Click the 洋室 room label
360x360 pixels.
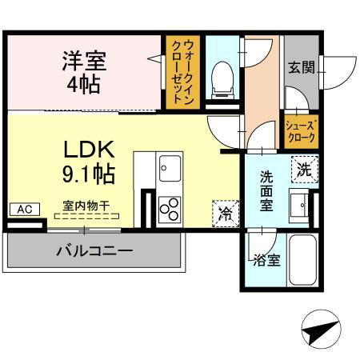tap(84, 60)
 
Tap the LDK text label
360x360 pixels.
tap(89, 149)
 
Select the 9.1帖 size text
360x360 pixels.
tap(89, 171)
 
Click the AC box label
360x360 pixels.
tap(23, 209)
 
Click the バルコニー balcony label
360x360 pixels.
tap(94, 251)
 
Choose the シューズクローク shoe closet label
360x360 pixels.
tap(302, 130)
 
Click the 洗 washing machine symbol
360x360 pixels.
tap(306, 169)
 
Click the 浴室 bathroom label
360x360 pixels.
tap(267, 260)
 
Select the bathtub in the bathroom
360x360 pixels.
tap(303, 262)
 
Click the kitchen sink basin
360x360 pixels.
tap(170, 169)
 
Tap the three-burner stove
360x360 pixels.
tap(170, 207)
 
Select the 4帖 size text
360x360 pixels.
tap(84, 83)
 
